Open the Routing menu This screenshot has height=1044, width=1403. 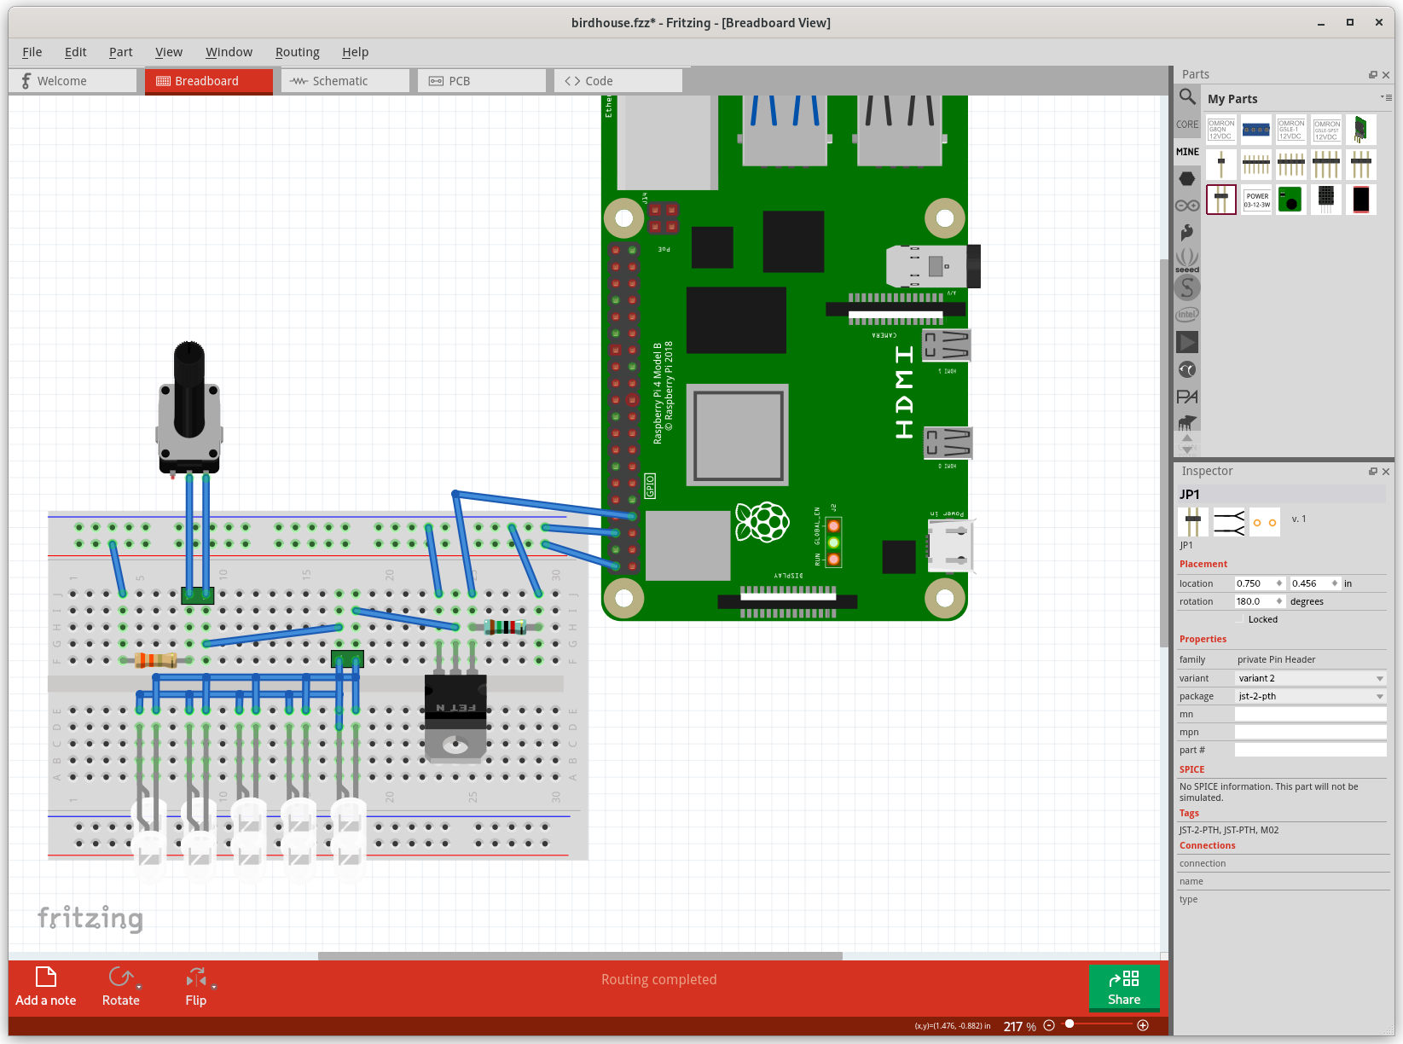[297, 52]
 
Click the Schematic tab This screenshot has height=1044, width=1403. [339, 81]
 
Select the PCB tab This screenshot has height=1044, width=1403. [459, 81]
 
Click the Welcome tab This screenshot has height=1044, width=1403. [61, 81]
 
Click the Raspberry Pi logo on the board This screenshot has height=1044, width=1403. [762, 522]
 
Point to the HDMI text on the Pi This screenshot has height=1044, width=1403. [905, 392]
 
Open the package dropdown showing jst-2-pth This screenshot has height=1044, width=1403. [1310, 696]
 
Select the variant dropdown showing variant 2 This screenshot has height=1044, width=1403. [1310, 678]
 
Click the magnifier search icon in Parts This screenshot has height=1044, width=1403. [1187, 96]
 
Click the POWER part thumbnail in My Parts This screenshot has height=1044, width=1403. [1256, 200]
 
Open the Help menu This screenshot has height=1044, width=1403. [355, 52]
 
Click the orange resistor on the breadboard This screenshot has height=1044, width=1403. [156, 659]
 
